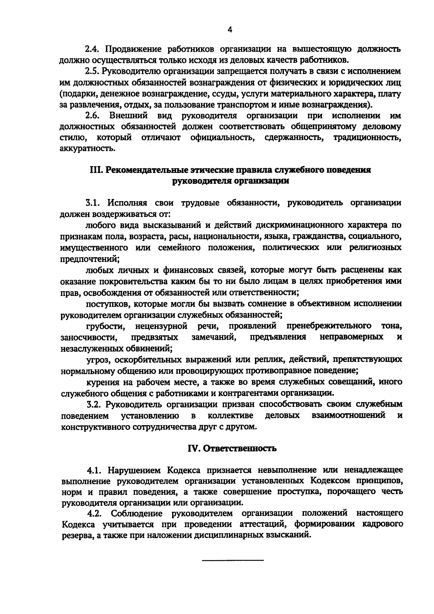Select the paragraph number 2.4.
[x=92, y=49]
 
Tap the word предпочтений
[x=89, y=259]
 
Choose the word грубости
[x=106, y=326]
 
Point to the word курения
[x=102, y=382]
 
